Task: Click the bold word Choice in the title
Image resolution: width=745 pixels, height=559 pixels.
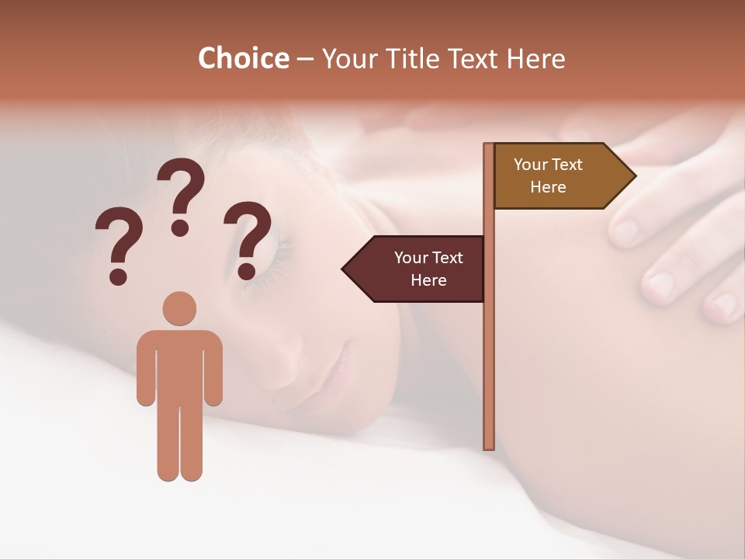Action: [243, 58]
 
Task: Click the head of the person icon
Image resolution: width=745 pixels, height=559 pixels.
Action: [179, 308]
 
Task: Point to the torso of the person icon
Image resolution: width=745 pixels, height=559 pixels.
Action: [179, 365]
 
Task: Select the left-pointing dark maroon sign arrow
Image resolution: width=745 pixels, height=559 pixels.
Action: [415, 269]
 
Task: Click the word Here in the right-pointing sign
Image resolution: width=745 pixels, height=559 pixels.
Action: [548, 187]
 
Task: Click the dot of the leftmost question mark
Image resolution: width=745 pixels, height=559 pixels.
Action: [118, 276]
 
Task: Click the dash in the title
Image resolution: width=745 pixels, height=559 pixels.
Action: [305, 59]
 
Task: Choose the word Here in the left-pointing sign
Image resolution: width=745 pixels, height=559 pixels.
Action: [428, 280]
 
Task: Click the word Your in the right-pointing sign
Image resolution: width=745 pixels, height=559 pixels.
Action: [531, 165]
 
